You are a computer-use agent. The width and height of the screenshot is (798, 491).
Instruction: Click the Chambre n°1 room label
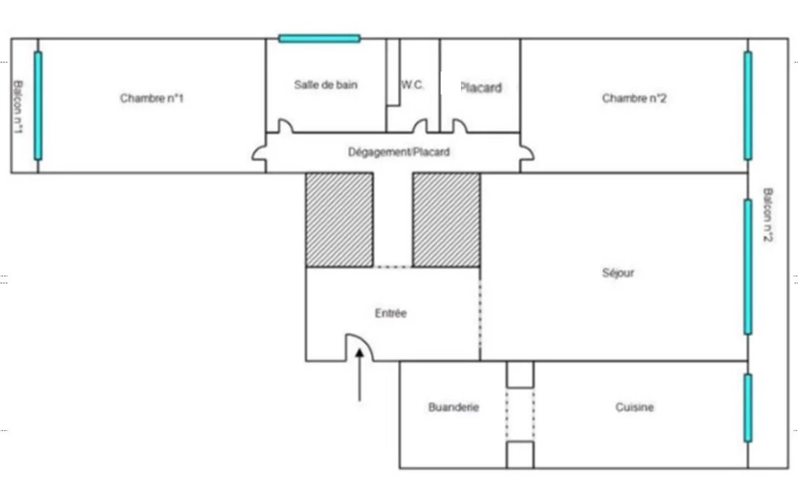tap(151, 98)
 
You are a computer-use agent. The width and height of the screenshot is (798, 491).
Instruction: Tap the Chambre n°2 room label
tap(634, 98)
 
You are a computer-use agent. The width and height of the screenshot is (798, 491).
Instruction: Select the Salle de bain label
tap(325, 85)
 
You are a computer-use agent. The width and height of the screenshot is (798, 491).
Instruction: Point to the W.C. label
tap(412, 85)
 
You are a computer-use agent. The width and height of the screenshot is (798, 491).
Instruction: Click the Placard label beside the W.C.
tap(481, 88)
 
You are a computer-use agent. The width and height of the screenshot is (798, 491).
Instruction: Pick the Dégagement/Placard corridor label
tap(399, 152)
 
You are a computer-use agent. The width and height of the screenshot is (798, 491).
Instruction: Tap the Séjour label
tap(618, 273)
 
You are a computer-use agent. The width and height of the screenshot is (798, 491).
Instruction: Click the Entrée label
tap(391, 313)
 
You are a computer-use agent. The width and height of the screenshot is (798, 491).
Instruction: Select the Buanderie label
tap(454, 407)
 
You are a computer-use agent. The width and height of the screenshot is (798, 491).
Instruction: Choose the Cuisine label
tap(635, 407)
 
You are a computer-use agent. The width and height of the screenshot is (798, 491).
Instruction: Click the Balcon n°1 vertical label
tap(18, 106)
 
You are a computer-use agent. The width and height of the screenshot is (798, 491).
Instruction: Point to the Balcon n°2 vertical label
tap(768, 215)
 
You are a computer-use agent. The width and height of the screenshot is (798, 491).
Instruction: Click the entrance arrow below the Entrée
tap(359, 374)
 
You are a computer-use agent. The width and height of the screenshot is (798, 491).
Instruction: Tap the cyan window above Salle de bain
tap(319, 38)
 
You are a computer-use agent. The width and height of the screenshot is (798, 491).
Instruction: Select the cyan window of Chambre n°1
tap(38, 106)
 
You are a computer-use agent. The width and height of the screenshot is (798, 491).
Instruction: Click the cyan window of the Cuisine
tap(747, 408)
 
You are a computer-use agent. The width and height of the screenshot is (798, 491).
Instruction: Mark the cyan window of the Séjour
tap(747, 267)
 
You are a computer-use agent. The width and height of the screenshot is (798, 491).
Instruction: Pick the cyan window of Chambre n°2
tap(747, 106)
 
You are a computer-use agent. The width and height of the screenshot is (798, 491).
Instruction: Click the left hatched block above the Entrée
tap(339, 220)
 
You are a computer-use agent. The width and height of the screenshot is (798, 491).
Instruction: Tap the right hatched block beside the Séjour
tap(446, 220)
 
